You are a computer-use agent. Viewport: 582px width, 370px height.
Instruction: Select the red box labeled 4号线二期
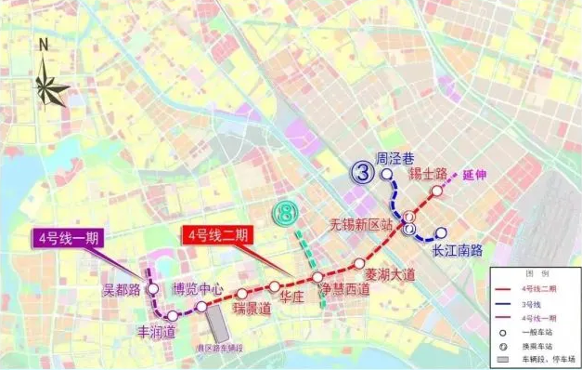[x=215, y=236]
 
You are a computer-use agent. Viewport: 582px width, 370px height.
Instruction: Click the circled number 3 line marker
[x=362, y=171]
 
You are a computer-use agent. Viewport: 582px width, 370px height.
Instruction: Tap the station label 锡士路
[x=429, y=174]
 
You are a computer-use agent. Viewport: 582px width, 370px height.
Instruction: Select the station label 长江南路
[x=459, y=250]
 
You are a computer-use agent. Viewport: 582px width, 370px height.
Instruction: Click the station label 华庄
[x=279, y=297]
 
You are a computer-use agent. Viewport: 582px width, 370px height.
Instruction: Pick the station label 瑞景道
[x=252, y=309]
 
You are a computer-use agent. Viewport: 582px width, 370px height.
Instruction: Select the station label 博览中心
[x=198, y=289]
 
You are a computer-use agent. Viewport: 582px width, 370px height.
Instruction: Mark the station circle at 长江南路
[x=442, y=232]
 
